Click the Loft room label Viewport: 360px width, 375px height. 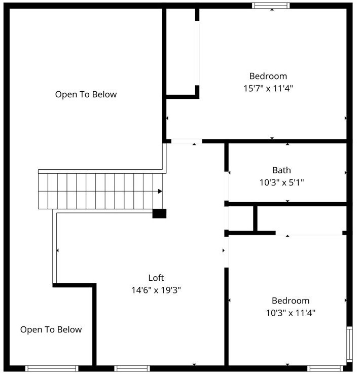pos(156,278)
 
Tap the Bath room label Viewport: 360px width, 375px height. pos(281,170)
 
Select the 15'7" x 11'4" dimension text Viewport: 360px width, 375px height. pos(268,88)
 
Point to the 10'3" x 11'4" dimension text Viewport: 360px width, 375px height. pos(291,313)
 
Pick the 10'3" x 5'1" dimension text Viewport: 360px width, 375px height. pos(281,182)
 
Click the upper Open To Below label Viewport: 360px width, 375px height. pos(86,94)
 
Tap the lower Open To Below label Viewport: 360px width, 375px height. pos(51,330)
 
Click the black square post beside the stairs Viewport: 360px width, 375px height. pos(159,213)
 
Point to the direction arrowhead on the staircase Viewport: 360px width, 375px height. pos(160,191)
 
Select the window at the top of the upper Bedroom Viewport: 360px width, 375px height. pos(271,6)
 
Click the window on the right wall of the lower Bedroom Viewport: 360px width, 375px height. pos(349,345)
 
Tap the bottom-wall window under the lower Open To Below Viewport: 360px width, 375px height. pos(51,368)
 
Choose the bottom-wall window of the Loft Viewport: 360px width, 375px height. pos(132,368)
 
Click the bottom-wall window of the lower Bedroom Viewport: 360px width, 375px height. pos(326,368)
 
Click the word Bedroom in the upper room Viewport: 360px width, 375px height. pos(268,76)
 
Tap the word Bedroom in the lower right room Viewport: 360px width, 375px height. pos(291,301)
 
